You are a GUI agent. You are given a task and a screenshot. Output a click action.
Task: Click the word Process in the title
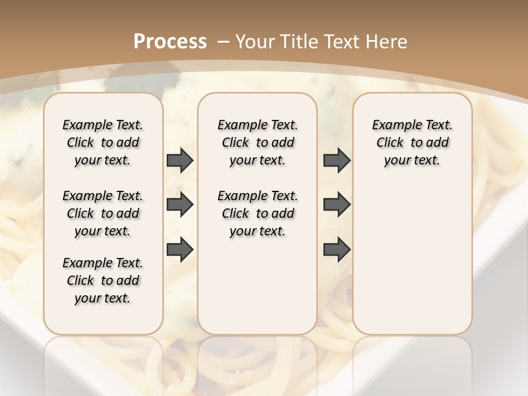[x=170, y=41]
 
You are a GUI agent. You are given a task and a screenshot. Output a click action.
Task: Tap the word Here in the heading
[x=387, y=41]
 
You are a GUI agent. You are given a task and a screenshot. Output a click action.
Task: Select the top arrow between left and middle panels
[x=180, y=161]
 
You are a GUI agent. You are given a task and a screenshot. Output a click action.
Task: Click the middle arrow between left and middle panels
[x=180, y=205]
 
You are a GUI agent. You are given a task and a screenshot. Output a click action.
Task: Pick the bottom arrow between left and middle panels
[x=180, y=249]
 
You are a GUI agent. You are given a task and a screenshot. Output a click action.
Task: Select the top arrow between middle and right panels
[x=337, y=161]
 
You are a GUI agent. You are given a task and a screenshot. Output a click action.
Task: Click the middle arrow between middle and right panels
[x=337, y=205]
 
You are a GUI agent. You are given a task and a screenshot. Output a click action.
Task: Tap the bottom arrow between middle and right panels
[x=337, y=249]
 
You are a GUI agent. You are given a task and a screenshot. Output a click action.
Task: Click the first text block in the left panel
[x=103, y=142]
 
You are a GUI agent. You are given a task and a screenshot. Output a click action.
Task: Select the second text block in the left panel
[x=103, y=213]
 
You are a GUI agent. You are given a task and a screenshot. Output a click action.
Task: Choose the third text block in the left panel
[x=103, y=280]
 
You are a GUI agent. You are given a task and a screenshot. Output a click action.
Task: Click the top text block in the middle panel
[x=257, y=142]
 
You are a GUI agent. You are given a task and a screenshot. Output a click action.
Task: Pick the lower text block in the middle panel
[x=257, y=213]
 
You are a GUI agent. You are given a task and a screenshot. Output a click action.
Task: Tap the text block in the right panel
[x=412, y=142]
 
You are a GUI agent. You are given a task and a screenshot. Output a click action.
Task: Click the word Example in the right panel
[x=393, y=125]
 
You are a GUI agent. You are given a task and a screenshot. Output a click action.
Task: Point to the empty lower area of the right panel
[x=412, y=258]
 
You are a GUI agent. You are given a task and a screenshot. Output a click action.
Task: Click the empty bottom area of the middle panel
[x=257, y=291]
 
